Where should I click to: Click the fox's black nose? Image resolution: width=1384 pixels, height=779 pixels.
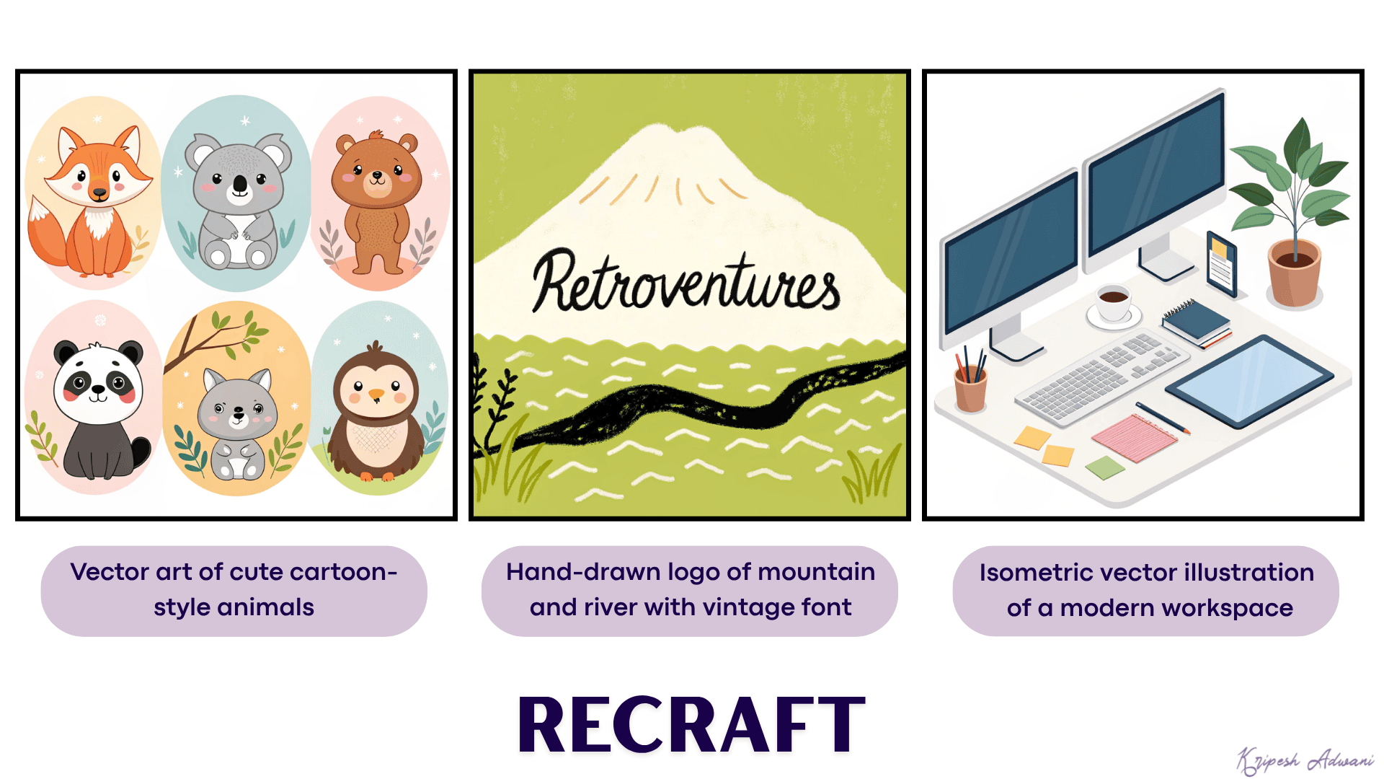coord(99,193)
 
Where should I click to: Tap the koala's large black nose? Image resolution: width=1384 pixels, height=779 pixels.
coord(240,186)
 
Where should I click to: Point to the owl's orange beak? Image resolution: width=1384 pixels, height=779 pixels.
coord(376,395)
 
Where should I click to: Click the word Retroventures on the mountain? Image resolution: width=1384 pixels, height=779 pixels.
coord(686,282)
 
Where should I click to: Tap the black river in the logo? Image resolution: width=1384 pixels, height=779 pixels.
coord(692,405)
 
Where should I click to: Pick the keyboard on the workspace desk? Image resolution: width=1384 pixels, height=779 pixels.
coord(1099,379)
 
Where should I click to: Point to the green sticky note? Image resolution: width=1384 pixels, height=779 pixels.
coord(1104,467)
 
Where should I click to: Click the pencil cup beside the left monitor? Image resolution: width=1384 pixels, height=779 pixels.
coord(970,385)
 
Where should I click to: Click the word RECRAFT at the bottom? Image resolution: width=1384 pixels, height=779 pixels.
coord(691,725)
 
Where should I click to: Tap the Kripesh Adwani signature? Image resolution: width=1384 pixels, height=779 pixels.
coord(1305,760)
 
